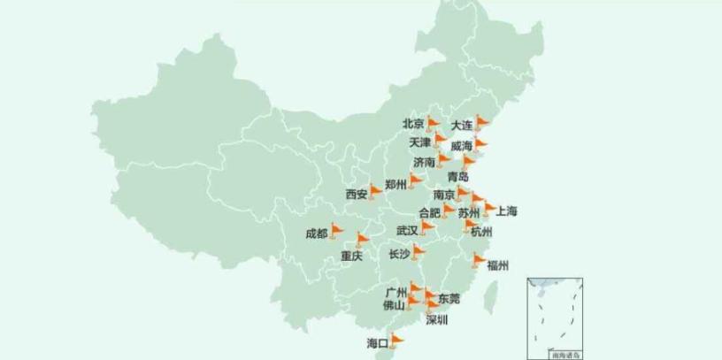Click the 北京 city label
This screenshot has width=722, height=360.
click(x=413, y=125)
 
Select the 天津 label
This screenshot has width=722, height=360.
click(x=419, y=142)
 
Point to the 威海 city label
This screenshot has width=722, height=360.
click(x=461, y=146)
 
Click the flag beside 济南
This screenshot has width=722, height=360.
click(x=443, y=160)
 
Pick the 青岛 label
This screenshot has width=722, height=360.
click(x=458, y=177)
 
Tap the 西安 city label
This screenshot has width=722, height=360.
click(x=357, y=194)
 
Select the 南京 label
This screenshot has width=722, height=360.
click(x=444, y=195)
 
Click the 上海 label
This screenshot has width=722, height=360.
click(x=507, y=211)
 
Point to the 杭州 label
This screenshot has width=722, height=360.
click(x=481, y=232)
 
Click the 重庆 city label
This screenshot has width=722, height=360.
click(x=351, y=257)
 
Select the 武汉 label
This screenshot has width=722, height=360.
click(x=407, y=230)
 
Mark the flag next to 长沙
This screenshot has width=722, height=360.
click(x=419, y=252)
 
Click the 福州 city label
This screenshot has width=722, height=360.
click(x=497, y=264)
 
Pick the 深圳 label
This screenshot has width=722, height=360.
click(x=436, y=319)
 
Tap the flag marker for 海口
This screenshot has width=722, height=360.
click(x=396, y=339)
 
